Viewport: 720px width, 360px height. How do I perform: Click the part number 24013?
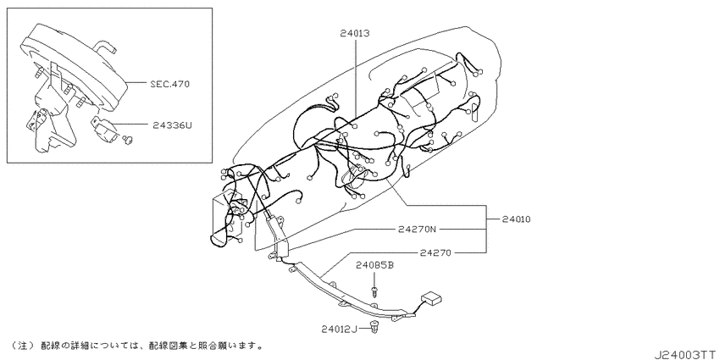tap(356, 33)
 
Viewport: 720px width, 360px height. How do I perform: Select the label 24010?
tap(516, 219)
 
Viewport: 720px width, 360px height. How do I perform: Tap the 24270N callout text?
tap(417, 228)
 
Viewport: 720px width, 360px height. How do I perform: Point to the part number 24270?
tap(435, 252)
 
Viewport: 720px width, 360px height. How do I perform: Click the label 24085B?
tap(375, 265)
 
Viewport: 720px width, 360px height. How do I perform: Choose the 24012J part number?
tap(339, 329)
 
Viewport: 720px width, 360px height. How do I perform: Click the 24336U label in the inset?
tap(172, 125)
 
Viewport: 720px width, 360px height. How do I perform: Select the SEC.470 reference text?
tap(169, 84)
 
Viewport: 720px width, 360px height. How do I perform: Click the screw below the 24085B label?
tap(374, 291)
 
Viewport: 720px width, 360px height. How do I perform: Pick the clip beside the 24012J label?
tap(375, 328)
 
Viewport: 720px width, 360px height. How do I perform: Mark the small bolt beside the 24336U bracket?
tap(128, 140)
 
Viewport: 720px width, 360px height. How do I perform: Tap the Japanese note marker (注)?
tap(23, 345)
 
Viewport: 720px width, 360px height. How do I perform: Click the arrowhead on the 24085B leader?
tap(374, 285)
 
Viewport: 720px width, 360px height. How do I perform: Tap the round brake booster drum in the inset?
tap(74, 68)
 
